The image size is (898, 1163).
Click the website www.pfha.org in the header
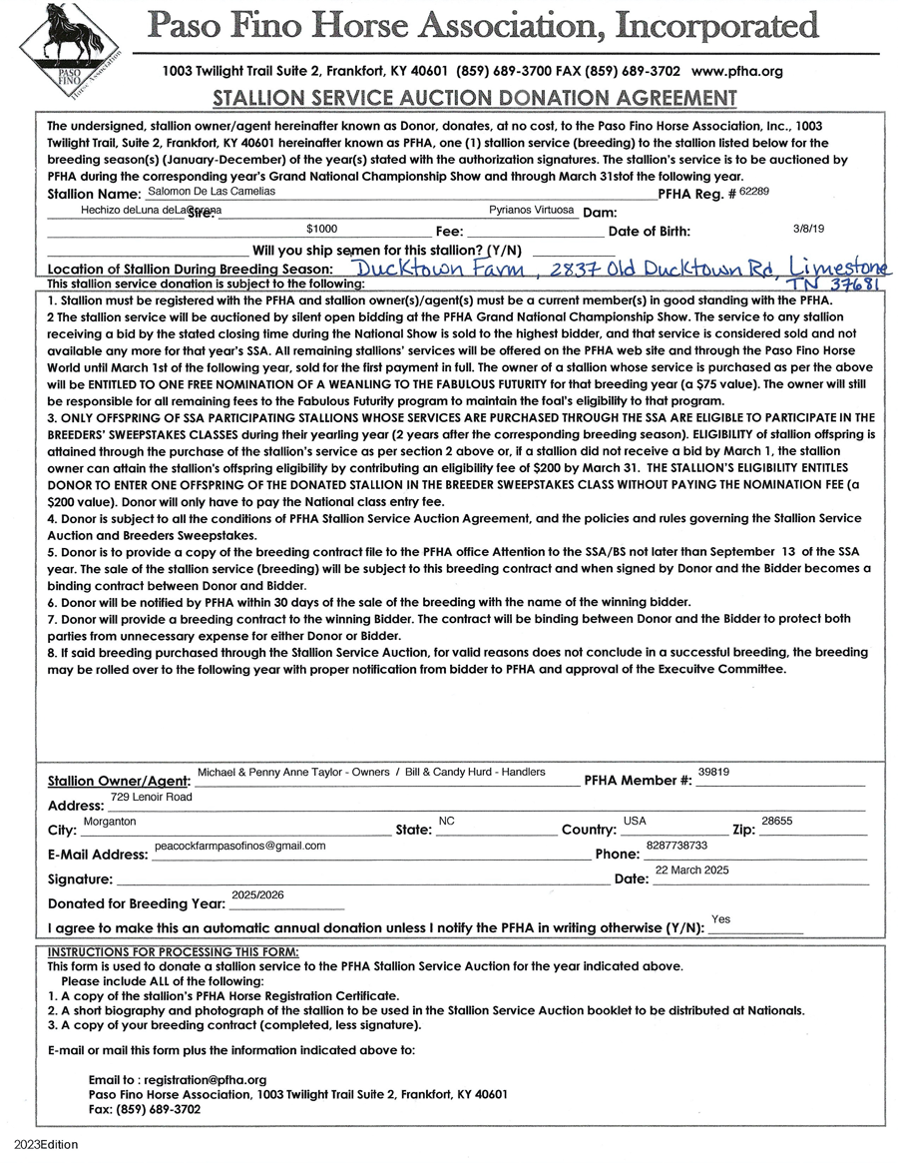pos(736,72)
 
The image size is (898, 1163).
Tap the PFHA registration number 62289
pos(755,189)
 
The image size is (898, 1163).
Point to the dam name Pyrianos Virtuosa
pos(532,211)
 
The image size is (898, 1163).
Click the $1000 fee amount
pos(322,229)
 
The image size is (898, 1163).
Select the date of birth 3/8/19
pos(807,229)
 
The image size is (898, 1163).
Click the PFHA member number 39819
pos(714,772)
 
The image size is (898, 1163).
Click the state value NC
pos(446,821)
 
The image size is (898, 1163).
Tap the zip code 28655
pos(776,821)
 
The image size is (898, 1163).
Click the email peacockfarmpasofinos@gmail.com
pos(240,846)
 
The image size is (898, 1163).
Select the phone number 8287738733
pos(676,846)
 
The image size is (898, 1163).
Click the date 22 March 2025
pos(691,871)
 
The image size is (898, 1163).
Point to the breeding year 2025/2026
pos(257,895)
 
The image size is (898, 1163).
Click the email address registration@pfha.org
pos(206,1080)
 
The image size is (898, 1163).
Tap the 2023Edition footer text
pos(46,1145)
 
